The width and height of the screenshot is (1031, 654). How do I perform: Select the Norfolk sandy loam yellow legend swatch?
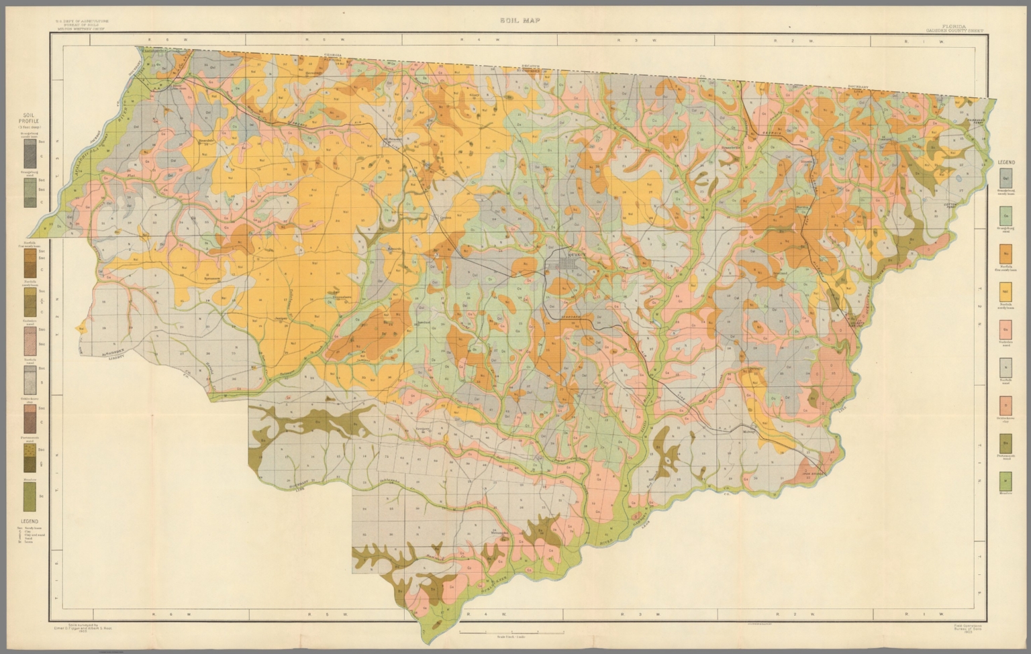[1005, 292]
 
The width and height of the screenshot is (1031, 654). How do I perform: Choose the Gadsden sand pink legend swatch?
[1005, 329]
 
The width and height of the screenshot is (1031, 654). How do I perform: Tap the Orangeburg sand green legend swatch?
[1005, 216]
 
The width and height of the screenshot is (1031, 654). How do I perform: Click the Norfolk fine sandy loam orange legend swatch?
[1005, 254]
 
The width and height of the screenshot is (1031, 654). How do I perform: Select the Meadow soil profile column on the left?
[30, 496]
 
